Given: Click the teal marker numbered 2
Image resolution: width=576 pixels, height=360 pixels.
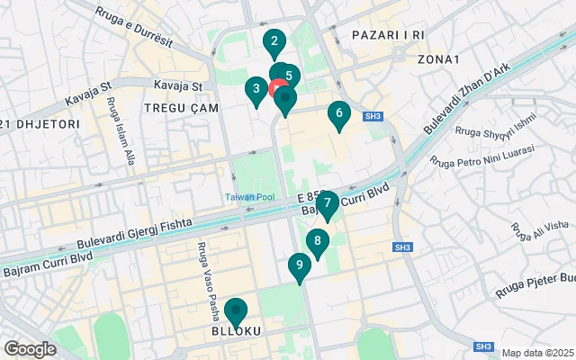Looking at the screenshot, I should tap(274, 41).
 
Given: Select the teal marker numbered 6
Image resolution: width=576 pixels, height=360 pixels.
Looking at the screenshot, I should tap(338, 114).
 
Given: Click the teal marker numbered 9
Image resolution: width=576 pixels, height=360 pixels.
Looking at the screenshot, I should tap(299, 266).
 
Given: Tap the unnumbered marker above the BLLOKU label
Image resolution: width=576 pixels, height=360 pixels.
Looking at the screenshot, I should tap(236, 310).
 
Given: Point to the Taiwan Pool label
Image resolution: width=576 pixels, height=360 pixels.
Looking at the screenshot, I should tap(250, 196).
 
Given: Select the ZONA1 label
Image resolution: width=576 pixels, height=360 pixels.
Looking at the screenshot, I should tap(438, 59).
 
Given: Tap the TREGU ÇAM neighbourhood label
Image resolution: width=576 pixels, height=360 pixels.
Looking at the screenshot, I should tap(176, 108).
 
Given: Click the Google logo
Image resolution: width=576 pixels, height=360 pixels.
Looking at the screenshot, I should tap(30, 349).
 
